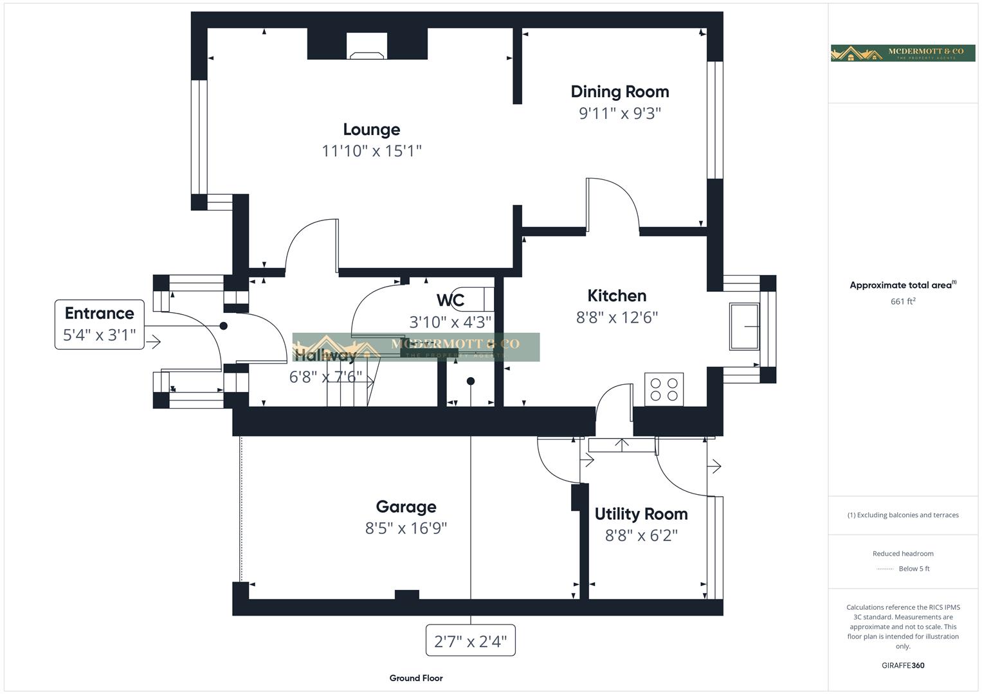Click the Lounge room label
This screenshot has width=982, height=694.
click(371, 130)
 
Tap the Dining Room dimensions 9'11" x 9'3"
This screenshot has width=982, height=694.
click(619, 113)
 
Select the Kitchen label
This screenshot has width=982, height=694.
click(617, 296)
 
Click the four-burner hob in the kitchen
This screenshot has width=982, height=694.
click(664, 389)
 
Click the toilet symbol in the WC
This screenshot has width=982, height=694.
click(474, 299)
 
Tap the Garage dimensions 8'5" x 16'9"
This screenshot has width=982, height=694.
click(406, 528)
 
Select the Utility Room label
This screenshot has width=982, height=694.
click(641, 514)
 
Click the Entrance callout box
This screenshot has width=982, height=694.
click(100, 324)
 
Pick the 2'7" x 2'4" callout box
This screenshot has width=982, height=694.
click(470, 641)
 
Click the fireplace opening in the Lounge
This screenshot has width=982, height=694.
click(367, 46)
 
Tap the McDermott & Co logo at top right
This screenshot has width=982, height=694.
click(902, 53)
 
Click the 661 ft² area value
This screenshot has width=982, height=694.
click(902, 301)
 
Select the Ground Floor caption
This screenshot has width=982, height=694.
click(415, 678)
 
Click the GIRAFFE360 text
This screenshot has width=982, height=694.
click(902, 665)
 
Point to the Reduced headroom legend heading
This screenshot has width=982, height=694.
click(902, 553)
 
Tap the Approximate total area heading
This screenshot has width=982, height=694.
click(902, 285)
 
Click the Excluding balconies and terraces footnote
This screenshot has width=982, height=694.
click(902, 515)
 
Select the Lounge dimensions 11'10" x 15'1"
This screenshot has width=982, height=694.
click(371, 151)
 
